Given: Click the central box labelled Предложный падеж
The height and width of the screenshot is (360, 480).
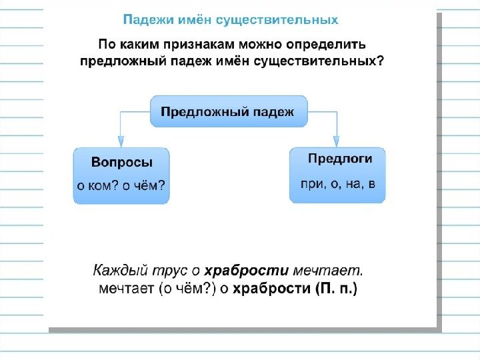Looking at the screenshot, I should tap(229, 111).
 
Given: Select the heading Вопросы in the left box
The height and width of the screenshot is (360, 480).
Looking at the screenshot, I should tap(121, 162).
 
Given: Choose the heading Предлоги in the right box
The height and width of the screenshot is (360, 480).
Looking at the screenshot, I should tap(339, 159).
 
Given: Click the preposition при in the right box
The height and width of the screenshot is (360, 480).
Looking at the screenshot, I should tap(311, 183).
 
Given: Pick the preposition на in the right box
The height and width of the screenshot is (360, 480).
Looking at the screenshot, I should tap(353, 183).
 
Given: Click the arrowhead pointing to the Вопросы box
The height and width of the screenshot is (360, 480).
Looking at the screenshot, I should tap(121, 141).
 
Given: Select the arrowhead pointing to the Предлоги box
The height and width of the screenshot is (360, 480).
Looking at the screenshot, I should tap(337, 141).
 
